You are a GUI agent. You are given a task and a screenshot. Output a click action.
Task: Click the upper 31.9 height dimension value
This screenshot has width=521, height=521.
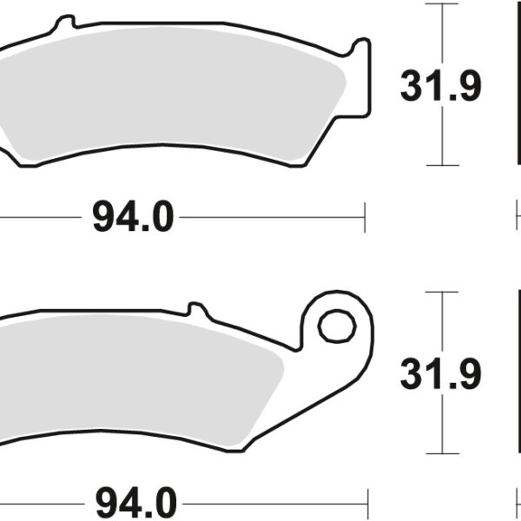(440, 86)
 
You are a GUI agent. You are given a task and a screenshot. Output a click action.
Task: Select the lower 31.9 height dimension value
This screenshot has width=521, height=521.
(440, 374)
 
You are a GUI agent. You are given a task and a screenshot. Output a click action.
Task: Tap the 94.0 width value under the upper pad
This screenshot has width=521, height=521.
(133, 216)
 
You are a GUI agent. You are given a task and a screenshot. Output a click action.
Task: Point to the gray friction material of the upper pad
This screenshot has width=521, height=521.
(174, 104)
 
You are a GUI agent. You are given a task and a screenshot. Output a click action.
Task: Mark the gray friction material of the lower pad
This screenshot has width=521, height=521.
(148, 382)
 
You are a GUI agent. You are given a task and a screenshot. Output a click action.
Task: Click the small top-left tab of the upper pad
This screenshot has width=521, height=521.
(62, 25)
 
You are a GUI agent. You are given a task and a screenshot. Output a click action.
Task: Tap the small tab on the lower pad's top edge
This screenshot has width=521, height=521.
(197, 309)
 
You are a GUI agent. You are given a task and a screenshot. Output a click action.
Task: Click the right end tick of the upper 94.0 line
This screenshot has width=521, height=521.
(366, 216)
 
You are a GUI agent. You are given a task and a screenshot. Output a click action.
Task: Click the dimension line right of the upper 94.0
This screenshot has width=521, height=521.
(269, 216)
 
